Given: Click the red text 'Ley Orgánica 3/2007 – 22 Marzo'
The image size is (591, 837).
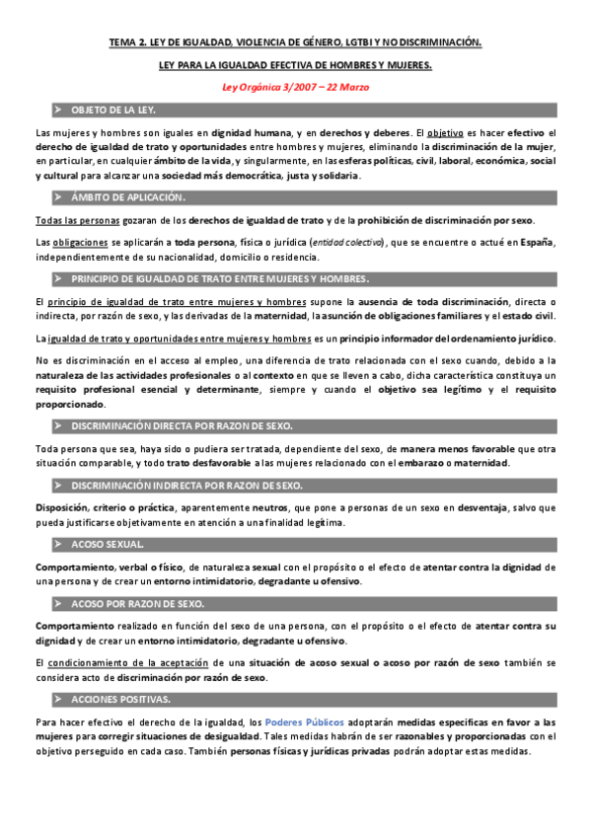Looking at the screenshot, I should [295, 87].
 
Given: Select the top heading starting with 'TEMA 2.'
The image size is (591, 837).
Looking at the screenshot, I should [295, 43].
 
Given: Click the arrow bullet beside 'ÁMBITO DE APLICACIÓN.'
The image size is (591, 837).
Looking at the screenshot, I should [58, 196].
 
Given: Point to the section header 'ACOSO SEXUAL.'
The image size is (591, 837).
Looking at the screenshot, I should [108, 544].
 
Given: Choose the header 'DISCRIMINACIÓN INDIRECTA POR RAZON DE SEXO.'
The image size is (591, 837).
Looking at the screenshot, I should [187, 486].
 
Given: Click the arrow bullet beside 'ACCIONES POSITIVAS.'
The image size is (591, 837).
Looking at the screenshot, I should [58, 700].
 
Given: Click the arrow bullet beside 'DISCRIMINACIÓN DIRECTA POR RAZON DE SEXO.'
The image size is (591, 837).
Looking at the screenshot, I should [58, 426].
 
